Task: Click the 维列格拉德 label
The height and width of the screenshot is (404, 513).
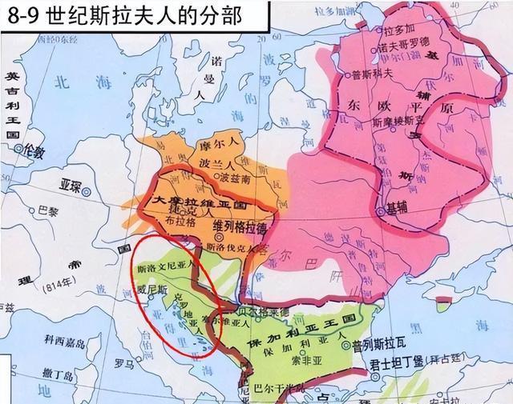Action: tap(240, 226)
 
